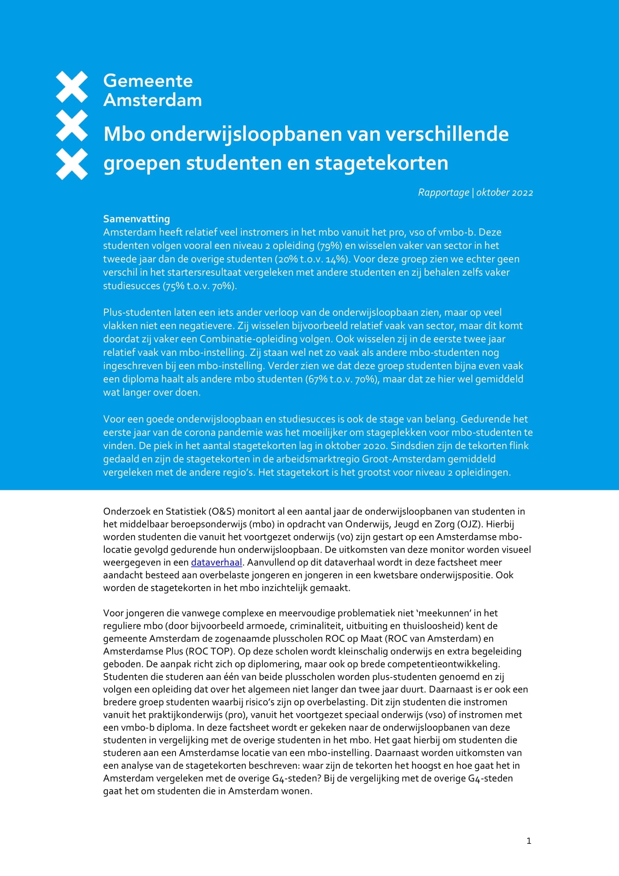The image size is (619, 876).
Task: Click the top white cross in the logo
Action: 71,87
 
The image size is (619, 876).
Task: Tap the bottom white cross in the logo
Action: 71,164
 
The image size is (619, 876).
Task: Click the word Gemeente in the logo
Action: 148,81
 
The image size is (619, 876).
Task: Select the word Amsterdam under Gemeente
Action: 152,100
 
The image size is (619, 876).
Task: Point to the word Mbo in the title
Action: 124,134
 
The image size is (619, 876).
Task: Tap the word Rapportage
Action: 443,192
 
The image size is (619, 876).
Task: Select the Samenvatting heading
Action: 137,219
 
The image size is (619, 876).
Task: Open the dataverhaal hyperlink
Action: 216,563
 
